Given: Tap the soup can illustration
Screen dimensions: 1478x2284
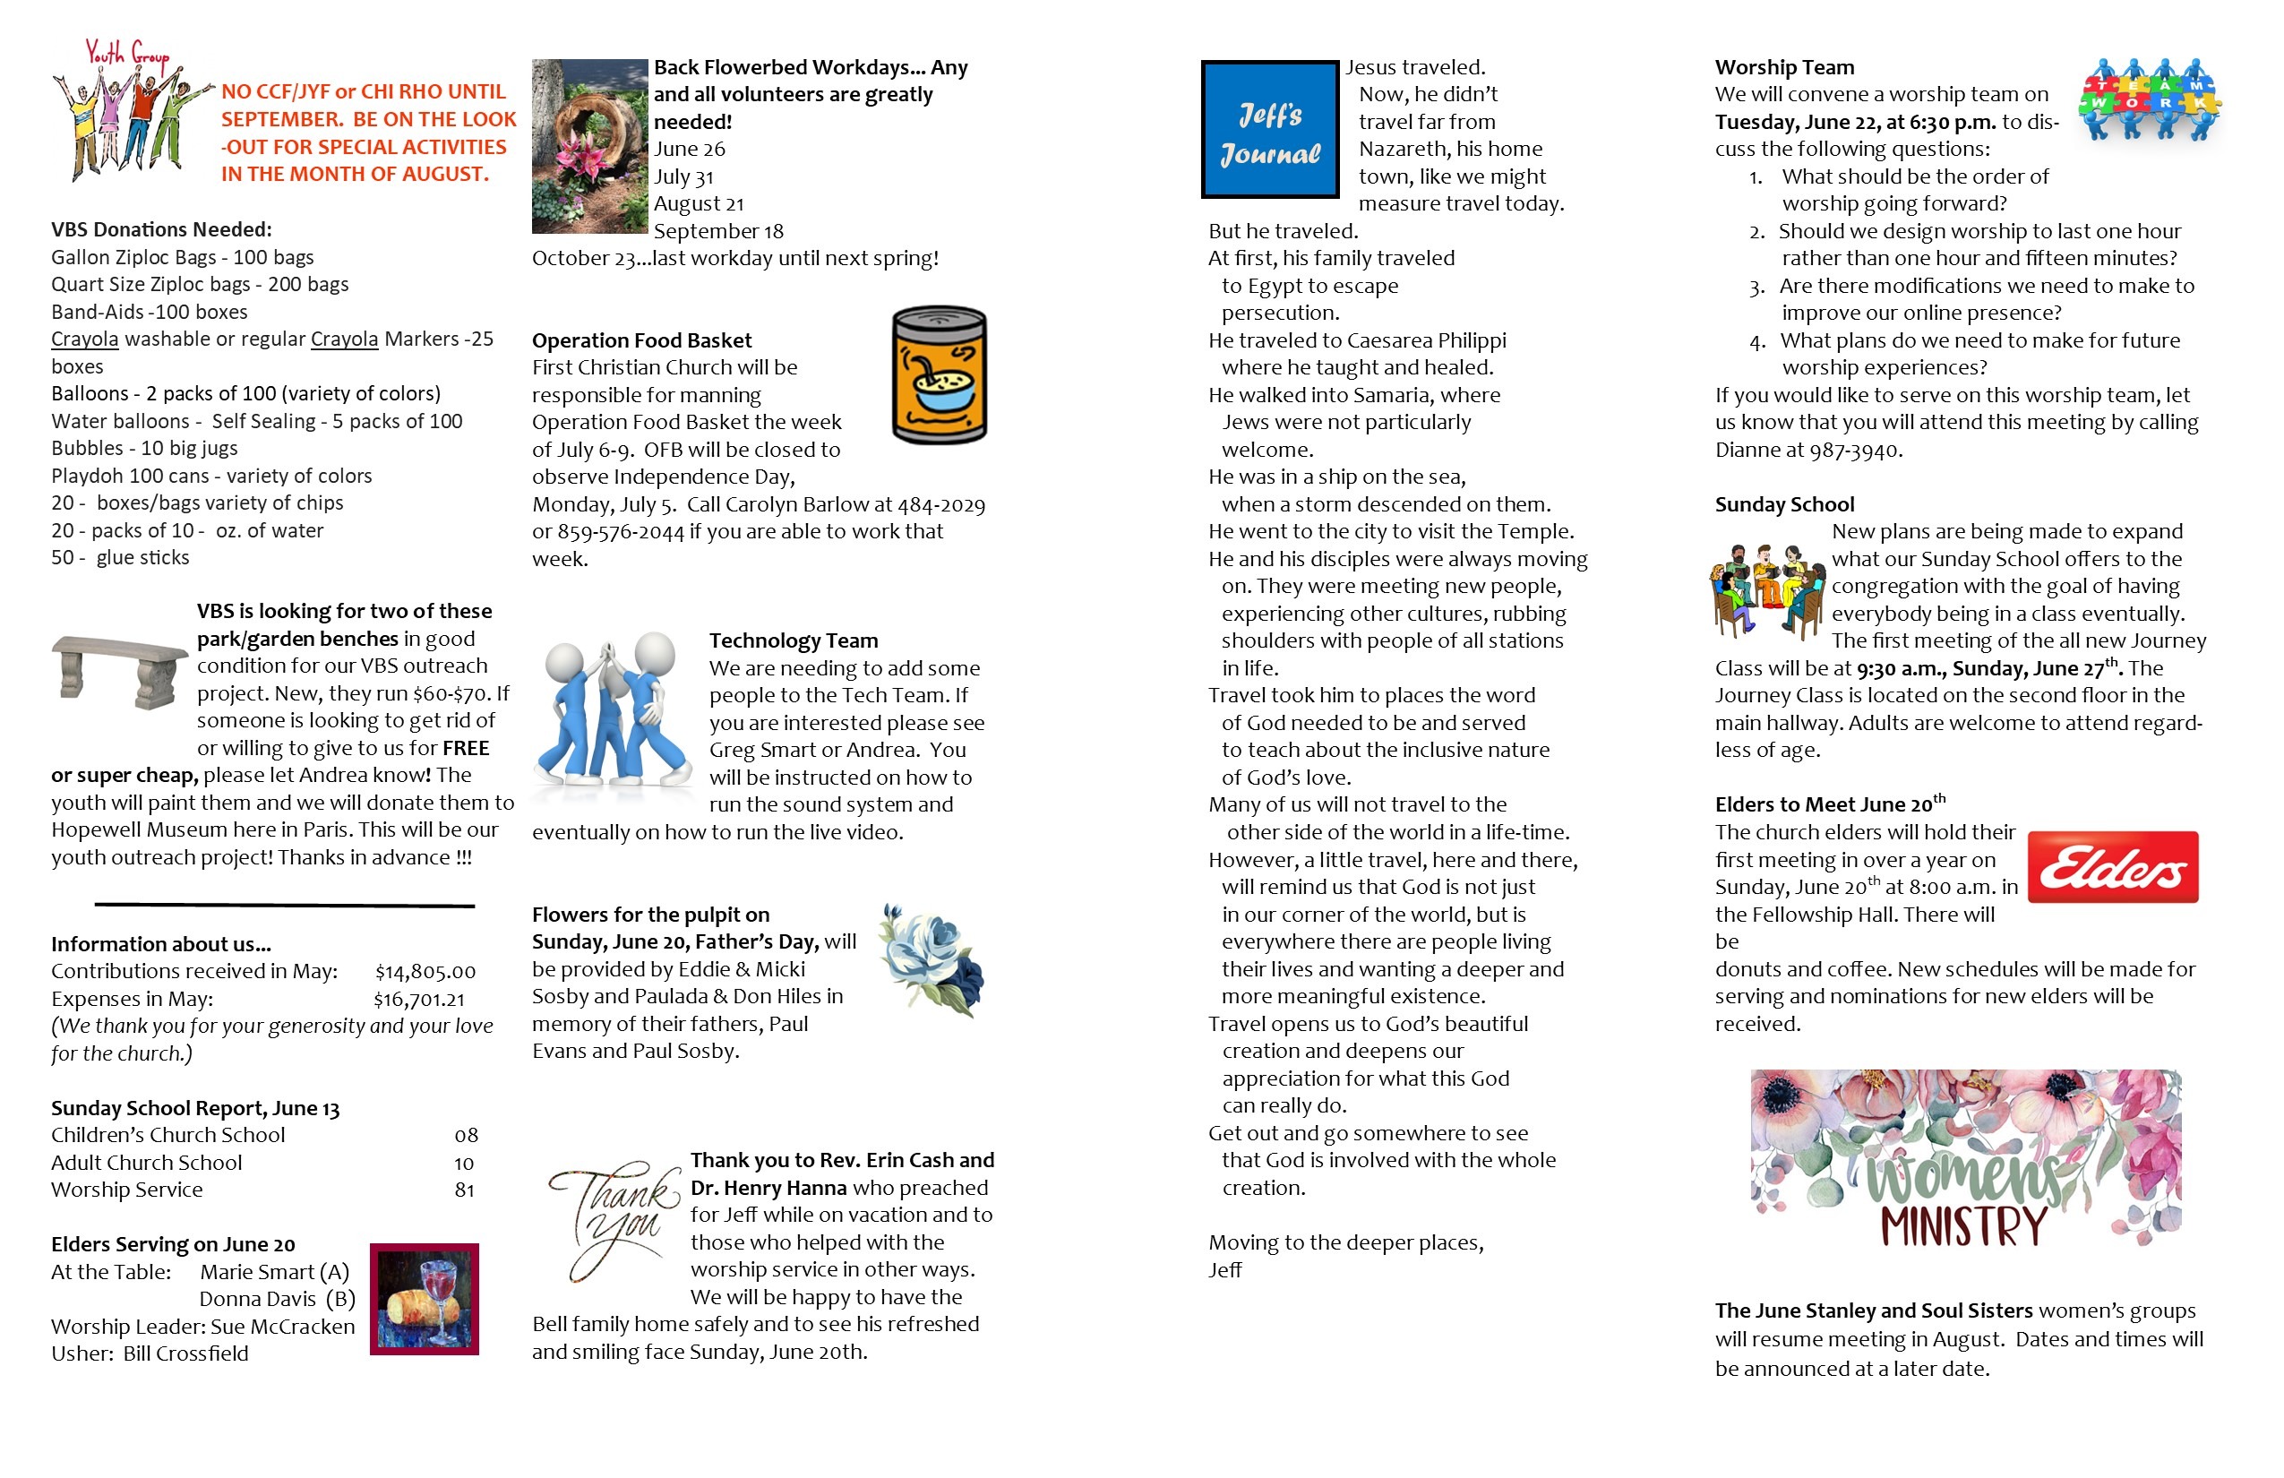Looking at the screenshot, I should pyautogui.click(x=939, y=375).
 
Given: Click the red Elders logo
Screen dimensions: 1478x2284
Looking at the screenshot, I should pyautogui.click(x=2112, y=867).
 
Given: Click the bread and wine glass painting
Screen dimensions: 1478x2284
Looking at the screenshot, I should pyautogui.click(x=425, y=1299).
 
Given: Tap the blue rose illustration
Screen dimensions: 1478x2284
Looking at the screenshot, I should pyautogui.click(x=932, y=959).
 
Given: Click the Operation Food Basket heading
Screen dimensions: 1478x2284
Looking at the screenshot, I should pyautogui.click(x=641, y=340).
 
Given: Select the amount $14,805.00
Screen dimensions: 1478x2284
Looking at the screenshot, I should pyautogui.click(x=425, y=971).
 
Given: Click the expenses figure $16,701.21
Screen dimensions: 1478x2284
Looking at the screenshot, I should pyautogui.click(x=419, y=999).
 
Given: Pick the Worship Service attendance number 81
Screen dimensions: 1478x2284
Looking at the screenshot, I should pyautogui.click(x=465, y=1190).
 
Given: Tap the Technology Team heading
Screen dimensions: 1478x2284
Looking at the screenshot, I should pyautogui.click(x=793, y=641).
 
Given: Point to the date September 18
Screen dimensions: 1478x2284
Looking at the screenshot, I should pyautogui.click(x=717, y=231).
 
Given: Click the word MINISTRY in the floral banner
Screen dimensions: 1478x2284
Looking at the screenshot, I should pyautogui.click(x=1963, y=1226).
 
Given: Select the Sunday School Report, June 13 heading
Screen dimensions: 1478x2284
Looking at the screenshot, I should pyautogui.click(x=195, y=1109).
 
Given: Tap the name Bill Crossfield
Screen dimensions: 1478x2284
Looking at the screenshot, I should pyautogui.click(x=185, y=1354).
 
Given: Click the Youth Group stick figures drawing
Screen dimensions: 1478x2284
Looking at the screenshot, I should pyautogui.click(x=130, y=110).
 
